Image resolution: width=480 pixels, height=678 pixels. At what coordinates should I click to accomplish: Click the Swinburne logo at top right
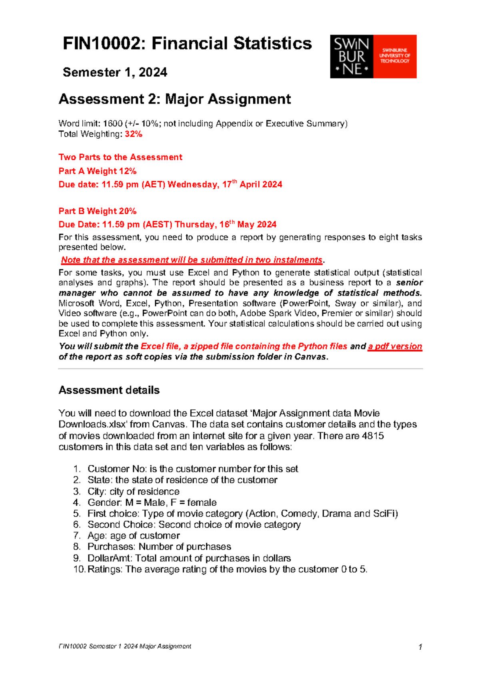point(373,56)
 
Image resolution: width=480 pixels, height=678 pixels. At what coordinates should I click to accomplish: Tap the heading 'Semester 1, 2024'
point(115,72)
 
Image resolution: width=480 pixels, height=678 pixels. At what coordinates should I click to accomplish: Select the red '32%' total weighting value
point(133,134)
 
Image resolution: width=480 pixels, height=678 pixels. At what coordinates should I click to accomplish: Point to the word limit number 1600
point(112,124)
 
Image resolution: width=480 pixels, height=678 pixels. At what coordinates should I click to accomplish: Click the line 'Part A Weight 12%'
point(98,171)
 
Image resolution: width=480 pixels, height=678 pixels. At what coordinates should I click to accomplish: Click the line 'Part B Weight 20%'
point(98,211)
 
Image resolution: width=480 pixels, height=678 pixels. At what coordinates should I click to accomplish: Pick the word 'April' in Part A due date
point(250,185)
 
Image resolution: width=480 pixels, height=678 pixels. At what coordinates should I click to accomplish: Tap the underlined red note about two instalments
point(192,260)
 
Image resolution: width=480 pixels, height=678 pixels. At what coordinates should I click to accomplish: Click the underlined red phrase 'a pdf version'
point(395,347)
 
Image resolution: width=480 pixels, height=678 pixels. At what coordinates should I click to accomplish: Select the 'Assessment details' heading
point(109,390)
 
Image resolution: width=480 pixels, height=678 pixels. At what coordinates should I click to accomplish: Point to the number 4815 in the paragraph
point(372,436)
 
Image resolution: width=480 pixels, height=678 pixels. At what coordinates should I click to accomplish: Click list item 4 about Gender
point(152,503)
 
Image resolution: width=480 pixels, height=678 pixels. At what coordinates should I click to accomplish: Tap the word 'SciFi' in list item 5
point(385,514)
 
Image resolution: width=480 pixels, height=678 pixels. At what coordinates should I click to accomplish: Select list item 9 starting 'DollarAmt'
point(189,558)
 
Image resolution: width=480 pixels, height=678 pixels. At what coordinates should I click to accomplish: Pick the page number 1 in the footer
point(420,647)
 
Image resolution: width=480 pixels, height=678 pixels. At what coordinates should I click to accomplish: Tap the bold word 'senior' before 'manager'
point(409,283)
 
